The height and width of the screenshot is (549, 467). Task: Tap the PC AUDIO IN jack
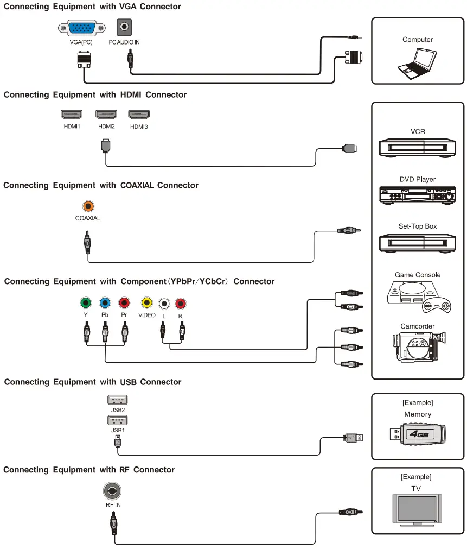pos(126,27)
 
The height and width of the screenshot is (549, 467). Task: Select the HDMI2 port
pos(106,115)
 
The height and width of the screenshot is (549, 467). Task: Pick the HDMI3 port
pos(139,115)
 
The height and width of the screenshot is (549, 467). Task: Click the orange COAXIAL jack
pos(88,206)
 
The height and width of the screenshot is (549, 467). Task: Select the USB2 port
pos(118,400)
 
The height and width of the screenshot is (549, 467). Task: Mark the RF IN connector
pos(112,491)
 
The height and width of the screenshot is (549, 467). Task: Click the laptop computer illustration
pos(417,61)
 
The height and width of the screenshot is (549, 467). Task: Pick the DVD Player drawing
pos(417,194)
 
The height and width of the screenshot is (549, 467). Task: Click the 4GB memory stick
pos(417,433)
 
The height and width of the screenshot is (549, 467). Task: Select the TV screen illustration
pos(417,508)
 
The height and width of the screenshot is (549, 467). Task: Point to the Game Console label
pos(417,275)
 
